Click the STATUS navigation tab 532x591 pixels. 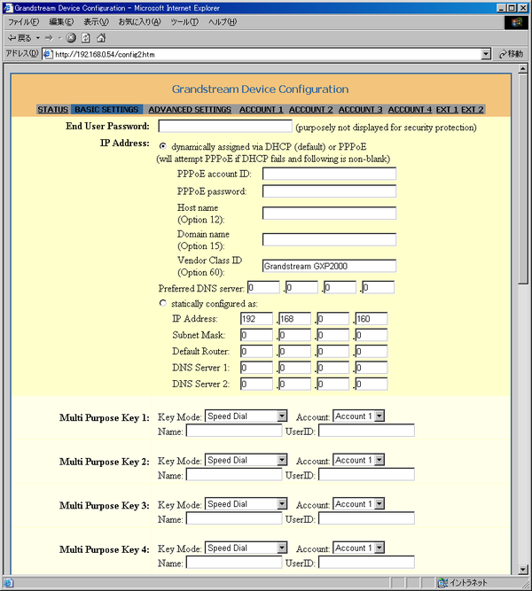[x=52, y=110]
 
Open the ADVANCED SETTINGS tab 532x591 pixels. [x=189, y=110]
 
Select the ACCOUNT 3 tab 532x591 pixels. [x=360, y=110]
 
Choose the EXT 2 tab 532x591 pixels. [x=473, y=110]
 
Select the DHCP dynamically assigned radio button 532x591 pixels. [x=162, y=145]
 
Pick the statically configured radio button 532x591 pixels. [x=162, y=303]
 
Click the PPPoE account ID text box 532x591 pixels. [x=329, y=174]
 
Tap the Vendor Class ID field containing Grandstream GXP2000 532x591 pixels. [x=329, y=265]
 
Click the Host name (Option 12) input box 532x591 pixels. [x=329, y=213]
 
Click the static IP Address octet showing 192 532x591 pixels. [x=256, y=319]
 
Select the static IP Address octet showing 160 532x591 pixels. [x=371, y=319]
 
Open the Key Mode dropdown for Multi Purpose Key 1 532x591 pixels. [x=246, y=416]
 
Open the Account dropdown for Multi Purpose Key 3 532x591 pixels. [x=359, y=504]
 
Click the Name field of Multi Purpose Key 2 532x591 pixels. [x=234, y=475]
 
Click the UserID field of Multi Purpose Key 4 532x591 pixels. [x=366, y=563]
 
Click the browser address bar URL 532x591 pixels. [x=266, y=53]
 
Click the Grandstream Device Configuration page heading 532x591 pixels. [x=260, y=89]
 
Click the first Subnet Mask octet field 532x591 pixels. [x=256, y=336]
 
